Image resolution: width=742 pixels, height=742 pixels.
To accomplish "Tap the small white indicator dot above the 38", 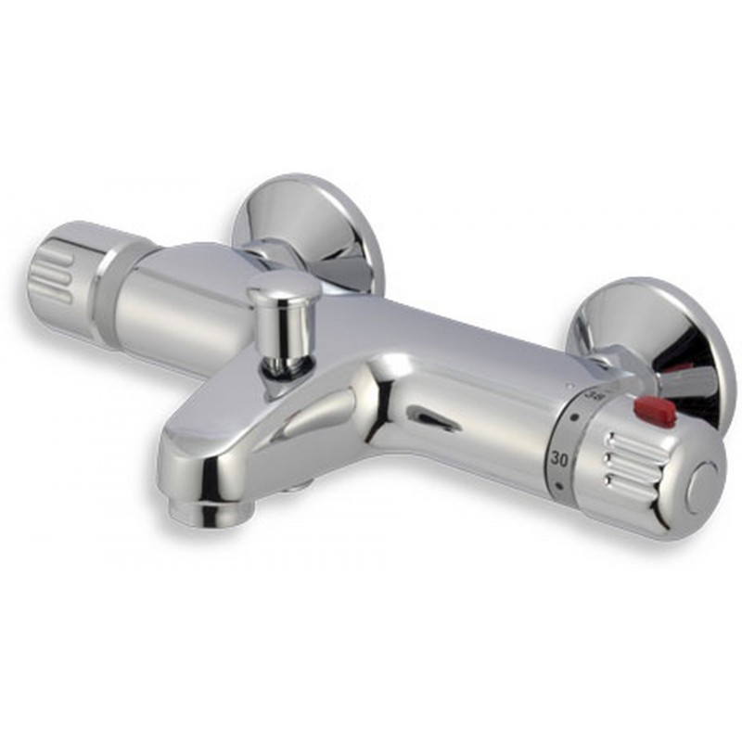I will coord(572,382).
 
